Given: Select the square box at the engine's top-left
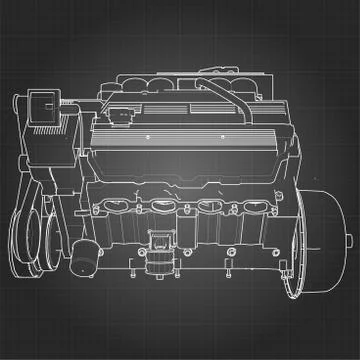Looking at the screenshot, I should tap(46, 106).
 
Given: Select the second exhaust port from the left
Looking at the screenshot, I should tap(164, 209).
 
